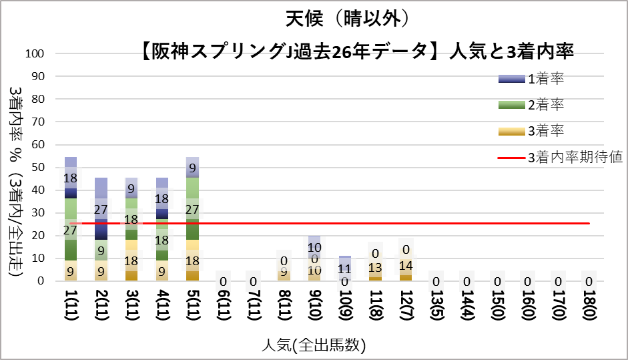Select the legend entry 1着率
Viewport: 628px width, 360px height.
click(546, 79)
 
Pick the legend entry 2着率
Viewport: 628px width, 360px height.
click(546, 105)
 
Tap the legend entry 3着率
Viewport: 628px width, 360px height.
click(546, 131)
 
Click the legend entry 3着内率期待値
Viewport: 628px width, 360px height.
click(575, 158)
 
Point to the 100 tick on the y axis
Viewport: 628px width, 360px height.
click(35, 53)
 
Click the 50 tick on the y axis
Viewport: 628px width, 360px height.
click(38, 167)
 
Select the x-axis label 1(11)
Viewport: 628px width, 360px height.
click(70, 309)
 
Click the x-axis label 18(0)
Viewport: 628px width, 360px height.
click(588, 309)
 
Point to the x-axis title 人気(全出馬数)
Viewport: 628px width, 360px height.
click(314, 345)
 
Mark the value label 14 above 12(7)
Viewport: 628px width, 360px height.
click(405, 265)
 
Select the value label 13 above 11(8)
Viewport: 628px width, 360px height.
click(375, 268)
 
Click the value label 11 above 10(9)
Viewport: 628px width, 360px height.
click(344, 269)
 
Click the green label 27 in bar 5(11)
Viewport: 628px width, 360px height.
click(192, 208)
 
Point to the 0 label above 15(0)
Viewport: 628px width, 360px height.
click(497, 282)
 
